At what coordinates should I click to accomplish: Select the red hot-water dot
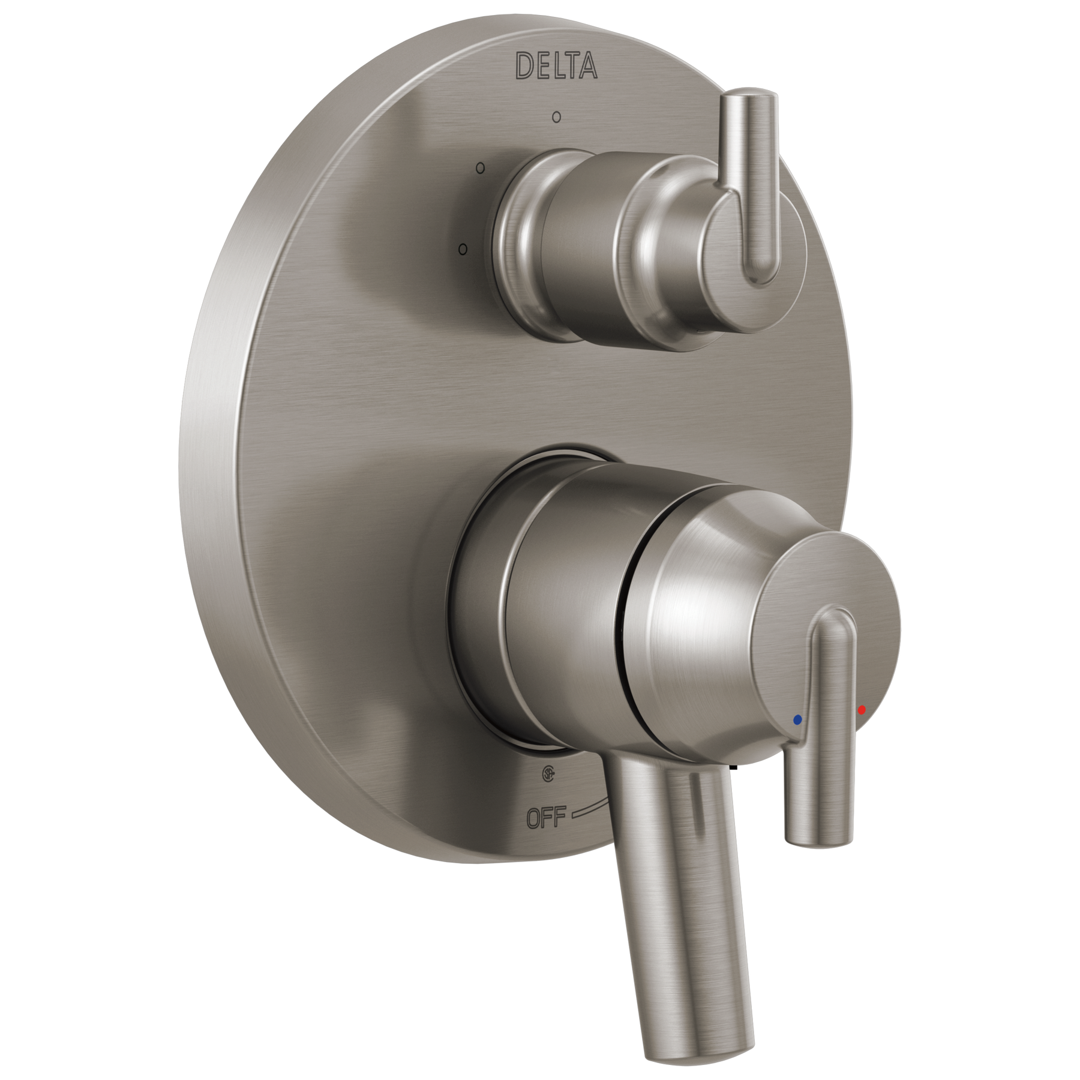tap(862, 710)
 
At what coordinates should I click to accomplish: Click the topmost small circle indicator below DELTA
tap(557, 116)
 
